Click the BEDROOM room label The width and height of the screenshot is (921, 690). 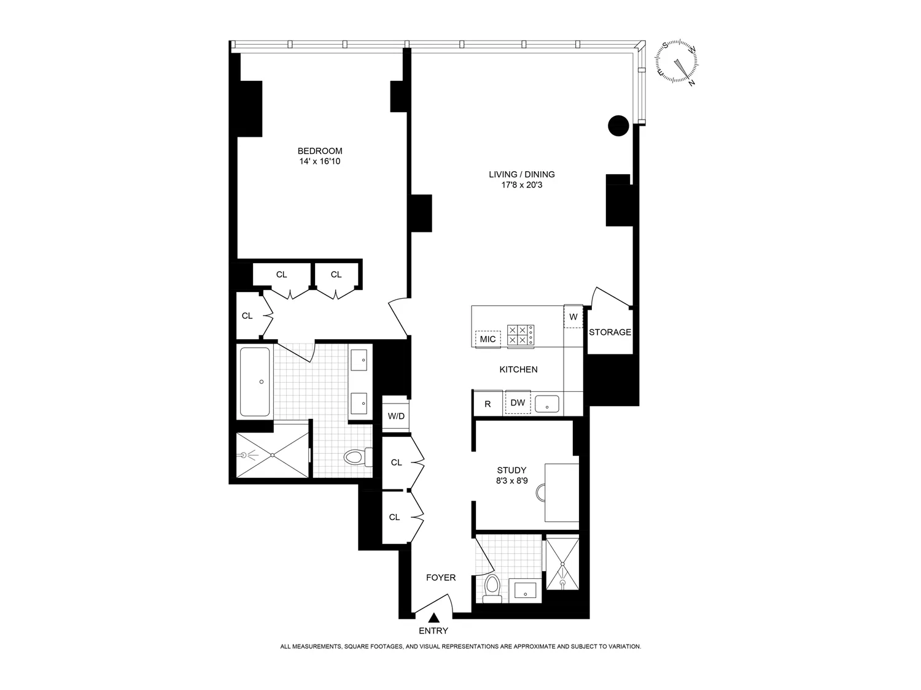(x=319, y=151)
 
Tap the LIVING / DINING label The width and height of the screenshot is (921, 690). (x=521, y=174)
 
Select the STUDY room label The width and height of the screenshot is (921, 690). (x=511, y=470)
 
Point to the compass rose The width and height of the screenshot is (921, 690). (x=677, y=62)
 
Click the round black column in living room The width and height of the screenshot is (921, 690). (x=618, y=126)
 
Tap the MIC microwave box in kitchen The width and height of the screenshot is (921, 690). (x=488, y=339)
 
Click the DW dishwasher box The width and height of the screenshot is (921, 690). (x=518, y=403)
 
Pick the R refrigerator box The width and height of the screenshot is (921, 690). (x=488, y=404)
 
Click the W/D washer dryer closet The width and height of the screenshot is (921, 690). (x=395, y=416)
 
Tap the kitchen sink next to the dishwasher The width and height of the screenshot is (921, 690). (x=546, y=404)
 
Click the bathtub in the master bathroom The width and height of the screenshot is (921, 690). (x=254, y=382)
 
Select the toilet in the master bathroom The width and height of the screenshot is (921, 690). (x=356, y=457)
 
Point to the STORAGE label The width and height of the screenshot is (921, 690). (x=610, y=332)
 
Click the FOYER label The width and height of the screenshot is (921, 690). (x=441, y=578)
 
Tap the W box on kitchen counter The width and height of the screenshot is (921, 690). (x=573, y=317)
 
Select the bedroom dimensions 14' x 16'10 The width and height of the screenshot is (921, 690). (x=319, y=161)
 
